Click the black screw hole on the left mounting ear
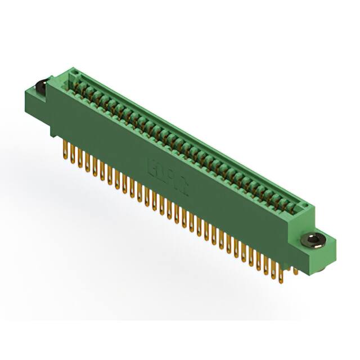click(x=41, y=85)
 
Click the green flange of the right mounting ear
click(x=323, y=247)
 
